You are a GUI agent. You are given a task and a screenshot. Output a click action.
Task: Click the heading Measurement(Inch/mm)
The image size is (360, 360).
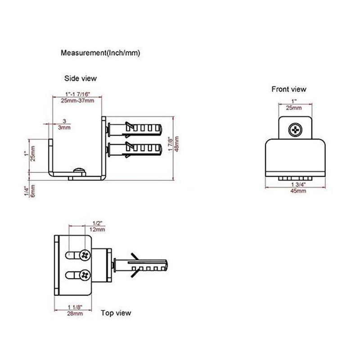tap(100, 53)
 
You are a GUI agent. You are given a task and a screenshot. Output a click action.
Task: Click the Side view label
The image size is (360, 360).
tap(80, 78)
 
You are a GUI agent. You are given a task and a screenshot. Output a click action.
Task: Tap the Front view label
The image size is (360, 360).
tap(288, 89)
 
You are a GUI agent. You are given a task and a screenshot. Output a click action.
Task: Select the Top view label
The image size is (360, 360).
tap(116, 313)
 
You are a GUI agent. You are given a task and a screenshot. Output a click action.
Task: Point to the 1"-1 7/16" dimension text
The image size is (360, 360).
tap(77, 94)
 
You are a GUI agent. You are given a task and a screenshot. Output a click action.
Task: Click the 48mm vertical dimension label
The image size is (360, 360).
tap(177, 144)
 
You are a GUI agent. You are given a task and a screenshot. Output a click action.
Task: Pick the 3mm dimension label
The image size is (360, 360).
tap(65, 128)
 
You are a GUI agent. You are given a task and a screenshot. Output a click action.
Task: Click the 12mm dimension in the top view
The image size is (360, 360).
tap(98, 229)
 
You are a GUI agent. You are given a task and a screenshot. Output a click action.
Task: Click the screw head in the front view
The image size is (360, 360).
tap(295, 130)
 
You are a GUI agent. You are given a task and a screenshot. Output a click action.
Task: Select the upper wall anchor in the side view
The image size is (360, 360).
tap(135, 129)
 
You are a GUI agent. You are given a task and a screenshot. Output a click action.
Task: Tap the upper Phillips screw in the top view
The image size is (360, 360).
tap(85, 256)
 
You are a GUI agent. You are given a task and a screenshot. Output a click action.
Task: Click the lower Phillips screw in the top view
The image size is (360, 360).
tap(85, 274)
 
